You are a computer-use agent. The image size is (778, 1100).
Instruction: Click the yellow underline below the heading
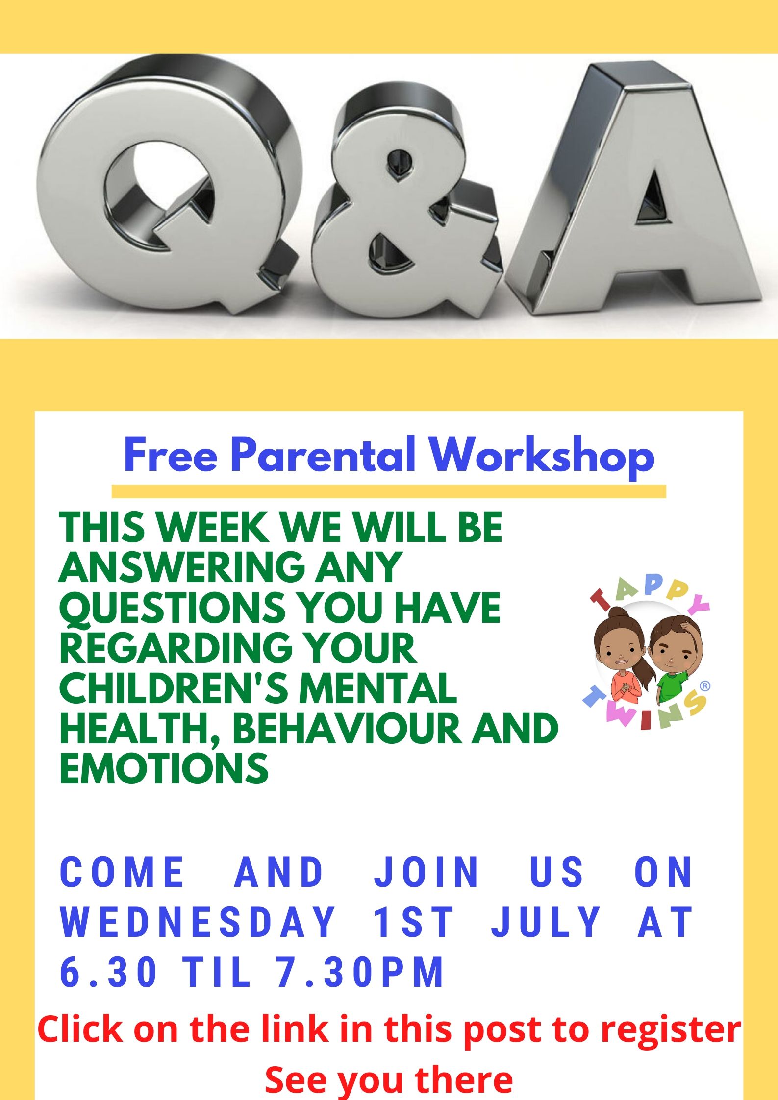point(389,491)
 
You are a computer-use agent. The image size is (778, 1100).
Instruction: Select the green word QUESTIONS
point(172,608)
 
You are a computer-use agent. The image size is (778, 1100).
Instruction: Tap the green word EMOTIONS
point(164,768)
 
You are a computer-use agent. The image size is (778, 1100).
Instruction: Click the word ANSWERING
point(181,567)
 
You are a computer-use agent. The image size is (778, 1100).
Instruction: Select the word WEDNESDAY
point(198,922)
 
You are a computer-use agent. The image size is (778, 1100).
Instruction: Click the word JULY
point(546,922)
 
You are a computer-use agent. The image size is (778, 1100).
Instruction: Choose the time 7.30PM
point(360,971)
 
